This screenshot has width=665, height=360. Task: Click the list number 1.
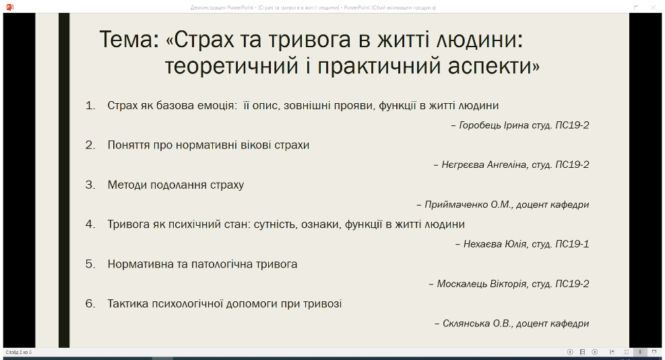tap(90, 105)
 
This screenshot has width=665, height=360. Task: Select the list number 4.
tap(90, 224)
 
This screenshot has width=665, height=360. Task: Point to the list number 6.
tap(90, 303)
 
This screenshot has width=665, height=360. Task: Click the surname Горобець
tap(480, 125)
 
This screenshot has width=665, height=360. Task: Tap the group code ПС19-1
tap(572, 244)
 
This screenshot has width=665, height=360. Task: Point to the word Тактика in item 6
tap(128, 303)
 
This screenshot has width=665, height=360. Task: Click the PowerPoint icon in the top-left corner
tap(9, 7)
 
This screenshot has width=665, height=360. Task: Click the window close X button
tap(654, 7)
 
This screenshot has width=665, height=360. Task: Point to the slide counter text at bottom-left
tap(19, 353)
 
